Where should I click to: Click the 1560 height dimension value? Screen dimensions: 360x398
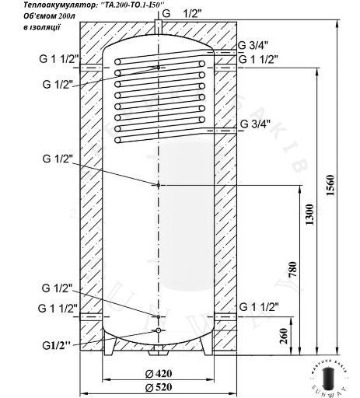[330, 185]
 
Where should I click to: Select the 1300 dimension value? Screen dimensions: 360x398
[309, 215]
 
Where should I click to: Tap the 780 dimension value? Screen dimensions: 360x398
[292, 270]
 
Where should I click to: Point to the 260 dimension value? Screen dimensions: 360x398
[284, 336]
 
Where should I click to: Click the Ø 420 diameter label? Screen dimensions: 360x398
[159, 373]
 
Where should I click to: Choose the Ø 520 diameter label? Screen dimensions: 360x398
[159, 387]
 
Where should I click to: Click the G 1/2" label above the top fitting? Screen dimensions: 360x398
[182, 13]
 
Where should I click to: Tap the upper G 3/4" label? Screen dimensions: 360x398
[253, 46]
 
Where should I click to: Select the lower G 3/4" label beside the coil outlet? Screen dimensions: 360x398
[255, 124]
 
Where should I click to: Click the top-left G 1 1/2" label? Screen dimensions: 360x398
[59, 59]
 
